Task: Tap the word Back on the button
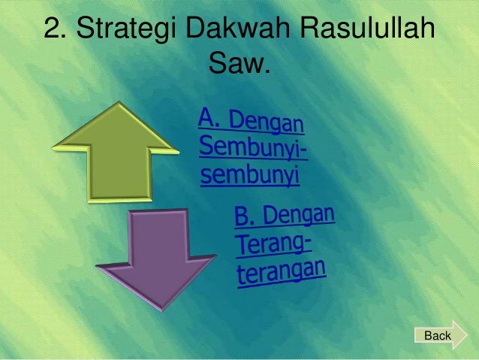(438, 335)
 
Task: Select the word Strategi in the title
(128, 32)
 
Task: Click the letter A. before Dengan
(211, 118)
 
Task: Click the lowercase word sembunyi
(250, 177)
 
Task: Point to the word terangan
(282, 271)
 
